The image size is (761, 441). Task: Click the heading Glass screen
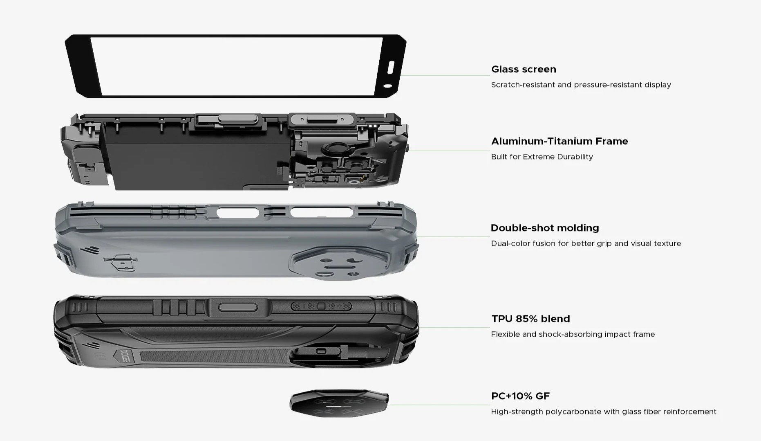point(524,69)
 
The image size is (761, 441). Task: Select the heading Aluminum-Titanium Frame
point(560,141)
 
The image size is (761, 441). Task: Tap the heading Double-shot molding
point(545,228)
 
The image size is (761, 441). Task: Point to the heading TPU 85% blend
point(530,319)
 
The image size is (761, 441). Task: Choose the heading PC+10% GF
point(520,396)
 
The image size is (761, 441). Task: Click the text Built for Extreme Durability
point(542,157)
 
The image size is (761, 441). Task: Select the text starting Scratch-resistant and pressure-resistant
point(581,85)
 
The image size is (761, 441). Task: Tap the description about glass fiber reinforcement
point(604,412)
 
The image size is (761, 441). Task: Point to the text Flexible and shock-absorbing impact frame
point(573,334)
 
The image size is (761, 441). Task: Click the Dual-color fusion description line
point(586,243)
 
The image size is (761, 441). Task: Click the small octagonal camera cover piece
point(339,403)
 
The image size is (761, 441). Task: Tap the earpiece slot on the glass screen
point(390,67)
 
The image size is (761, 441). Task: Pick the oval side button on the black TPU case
point(238,307)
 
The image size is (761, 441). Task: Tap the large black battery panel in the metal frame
point(196,157)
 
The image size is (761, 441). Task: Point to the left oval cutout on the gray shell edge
point(238,213)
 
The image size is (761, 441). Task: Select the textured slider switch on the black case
point(321,306)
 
